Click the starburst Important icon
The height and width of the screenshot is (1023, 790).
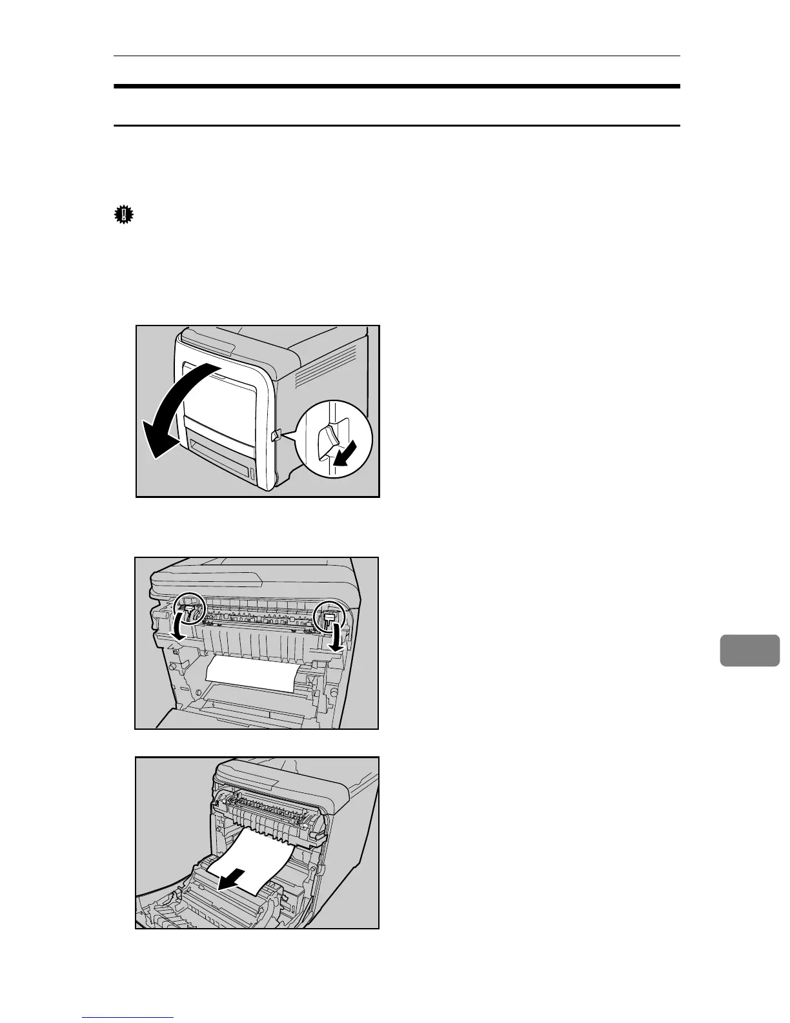(x=122, y=216)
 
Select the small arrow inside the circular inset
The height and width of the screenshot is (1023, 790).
(x=341, y=458)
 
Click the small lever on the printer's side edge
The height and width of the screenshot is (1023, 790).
(x=277, y=436)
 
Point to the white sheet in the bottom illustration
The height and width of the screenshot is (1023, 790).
(x=258, y=859)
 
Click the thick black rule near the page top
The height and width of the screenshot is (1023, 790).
(x=397, y=86)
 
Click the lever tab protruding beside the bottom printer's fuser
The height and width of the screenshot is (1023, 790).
(x=318, y=836)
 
